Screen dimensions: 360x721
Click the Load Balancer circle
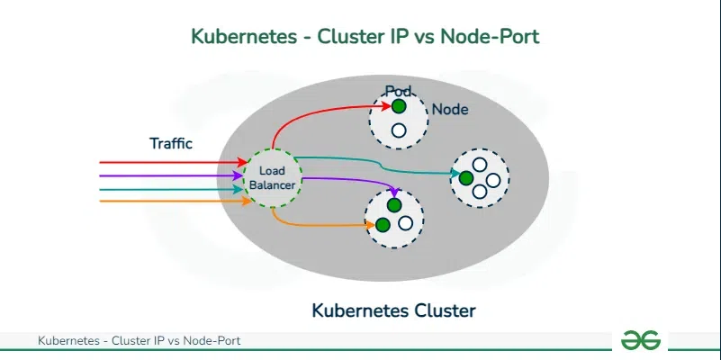[x=271, y=177]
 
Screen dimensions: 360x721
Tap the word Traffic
[x=171, y=143]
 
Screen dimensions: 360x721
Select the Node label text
[x=450, y=110]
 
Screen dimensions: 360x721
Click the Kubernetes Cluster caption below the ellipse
[x=393, y=311]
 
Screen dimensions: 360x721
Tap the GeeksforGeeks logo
[x=642, y=340]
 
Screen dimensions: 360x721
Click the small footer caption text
[x=139, y=341]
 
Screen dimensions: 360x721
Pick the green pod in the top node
[x=399, y=106]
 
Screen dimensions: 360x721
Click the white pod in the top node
[x=399, y=130]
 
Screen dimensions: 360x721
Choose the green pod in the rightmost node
[x=465, y=178]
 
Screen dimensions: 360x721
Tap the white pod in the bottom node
[x=406, y=222]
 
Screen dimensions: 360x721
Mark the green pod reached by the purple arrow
[x=394, y=205]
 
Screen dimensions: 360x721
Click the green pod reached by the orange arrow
[x=383, y=224]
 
